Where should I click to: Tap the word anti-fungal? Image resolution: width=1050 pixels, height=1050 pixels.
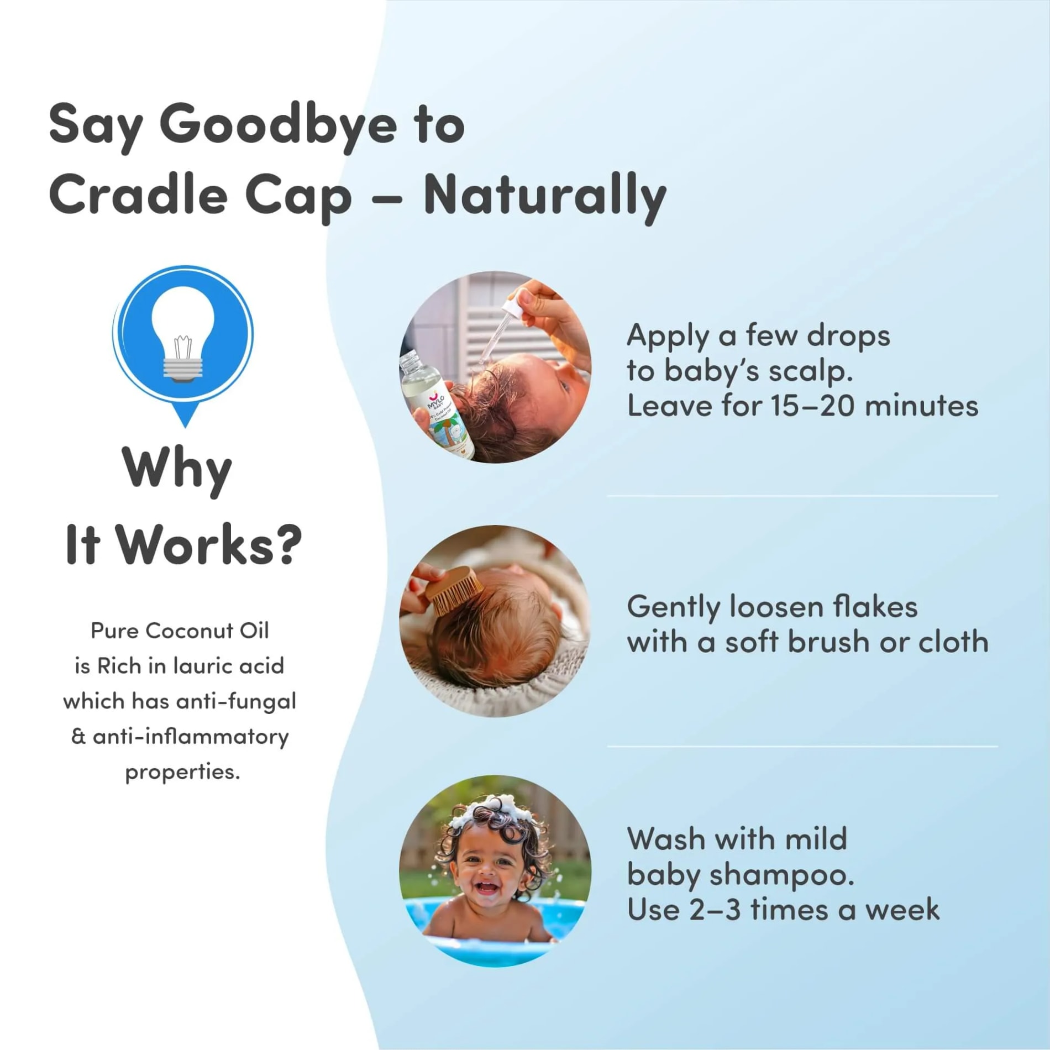click(x=236, y=702)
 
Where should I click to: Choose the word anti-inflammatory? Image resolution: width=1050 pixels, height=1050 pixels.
click(x=191, y=737)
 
